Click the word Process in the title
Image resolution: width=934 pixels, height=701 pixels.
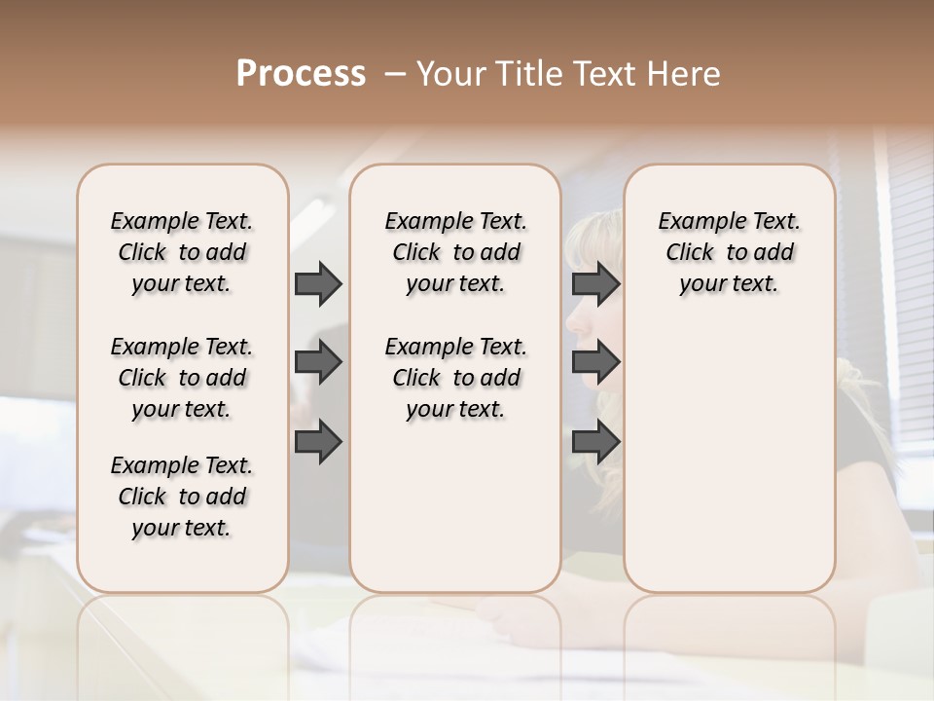click(301, 74)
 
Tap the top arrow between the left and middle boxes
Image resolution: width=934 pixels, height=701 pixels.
click(318, 284)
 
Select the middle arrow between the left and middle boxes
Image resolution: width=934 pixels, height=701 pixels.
click(318, 363)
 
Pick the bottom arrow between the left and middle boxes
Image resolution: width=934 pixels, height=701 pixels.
click(318, 442)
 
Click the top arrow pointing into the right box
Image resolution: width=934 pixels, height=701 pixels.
click(595, 284)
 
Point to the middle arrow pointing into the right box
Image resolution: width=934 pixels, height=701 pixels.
click(595, 363)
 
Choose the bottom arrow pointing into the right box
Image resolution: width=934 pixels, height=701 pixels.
click(595, 442)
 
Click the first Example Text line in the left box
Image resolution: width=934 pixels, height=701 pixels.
click(182, 221)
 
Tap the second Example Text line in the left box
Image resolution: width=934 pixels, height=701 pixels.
click(182, 347)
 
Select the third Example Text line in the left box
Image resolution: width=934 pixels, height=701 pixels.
click(182, 465)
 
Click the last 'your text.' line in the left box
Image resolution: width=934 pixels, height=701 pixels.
click(182, 528)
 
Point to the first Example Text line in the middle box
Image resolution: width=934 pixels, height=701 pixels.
click(455, 221)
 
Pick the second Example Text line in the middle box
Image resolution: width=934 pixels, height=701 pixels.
click(455, 347)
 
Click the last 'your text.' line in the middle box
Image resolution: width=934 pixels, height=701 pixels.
click(455, 409)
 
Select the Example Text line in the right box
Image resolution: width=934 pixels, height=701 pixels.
click(729, 221)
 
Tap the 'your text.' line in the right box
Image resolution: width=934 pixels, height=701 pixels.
click(729, 283)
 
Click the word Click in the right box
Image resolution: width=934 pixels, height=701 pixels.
click(690, 252)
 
